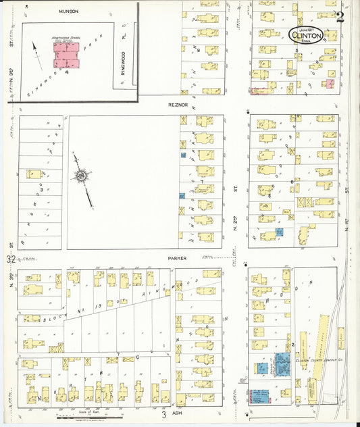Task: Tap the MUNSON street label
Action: click(68, 11)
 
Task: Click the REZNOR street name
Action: click(177, 105)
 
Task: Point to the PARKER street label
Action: click(177, 257)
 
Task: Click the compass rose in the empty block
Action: click(82, 176)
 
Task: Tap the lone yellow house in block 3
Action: click(33, 174)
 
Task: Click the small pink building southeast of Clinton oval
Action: click(329, 84)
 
